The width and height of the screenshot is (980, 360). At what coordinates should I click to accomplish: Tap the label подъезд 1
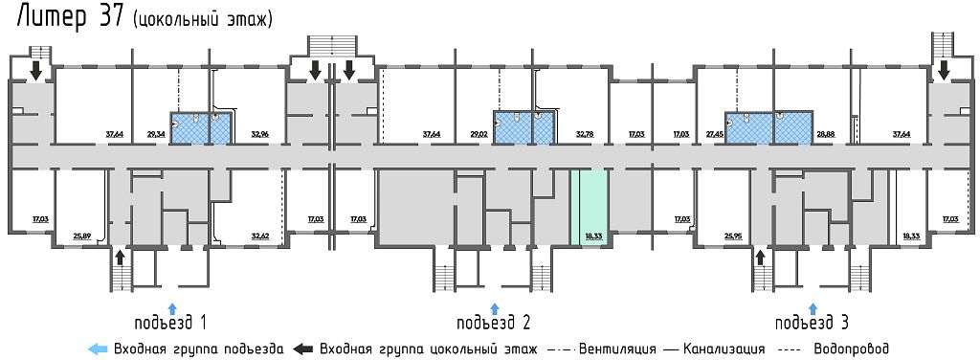click(171, 321)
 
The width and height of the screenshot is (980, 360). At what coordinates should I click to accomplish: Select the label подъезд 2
click(494, 321)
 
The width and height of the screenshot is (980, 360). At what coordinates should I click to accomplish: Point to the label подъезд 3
click(813, 321)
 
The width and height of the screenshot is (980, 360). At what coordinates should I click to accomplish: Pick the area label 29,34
click(156, 135)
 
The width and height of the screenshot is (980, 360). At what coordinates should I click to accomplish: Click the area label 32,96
click(260, 135)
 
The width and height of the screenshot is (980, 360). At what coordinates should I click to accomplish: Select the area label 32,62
click(260, 235)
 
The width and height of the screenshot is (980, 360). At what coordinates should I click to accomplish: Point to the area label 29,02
click(479, 135)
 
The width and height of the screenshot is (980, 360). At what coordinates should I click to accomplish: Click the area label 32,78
click(586, 135)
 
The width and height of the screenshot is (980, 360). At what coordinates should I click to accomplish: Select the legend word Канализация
click(724, 349)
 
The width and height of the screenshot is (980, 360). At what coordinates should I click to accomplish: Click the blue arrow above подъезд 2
click(494, 307)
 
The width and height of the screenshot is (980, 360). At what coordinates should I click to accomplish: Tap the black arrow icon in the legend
click(304, 349)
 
